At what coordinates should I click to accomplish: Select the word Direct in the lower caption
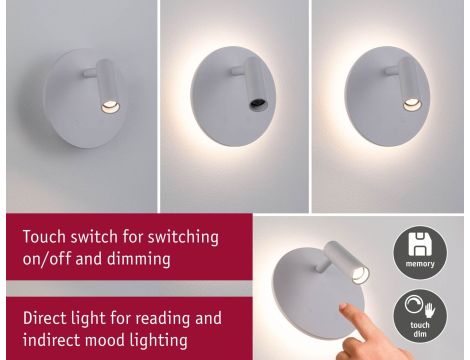tap(46, 319)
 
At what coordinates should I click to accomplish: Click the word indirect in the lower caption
tap(50, 341)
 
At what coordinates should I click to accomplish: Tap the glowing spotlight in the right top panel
tap(409, 103)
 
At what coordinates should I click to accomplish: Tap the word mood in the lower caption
tap(106, 341)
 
